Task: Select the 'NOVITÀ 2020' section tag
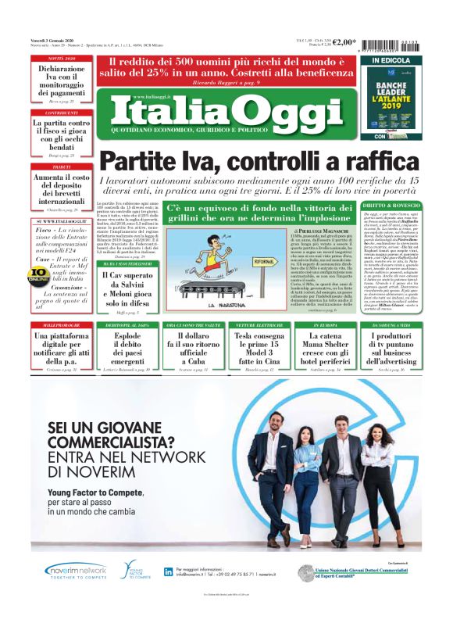[x=61, y=59]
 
